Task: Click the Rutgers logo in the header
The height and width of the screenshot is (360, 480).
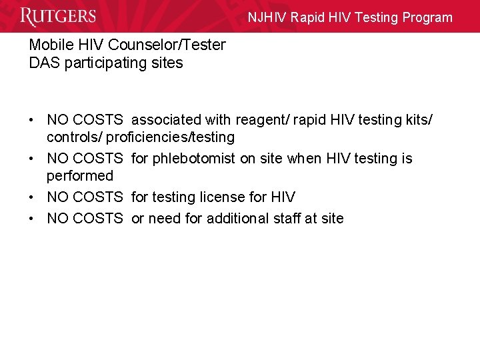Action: [58, 17]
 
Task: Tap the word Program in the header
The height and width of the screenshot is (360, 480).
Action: [427, 18]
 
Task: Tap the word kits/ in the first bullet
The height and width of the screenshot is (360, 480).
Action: [417, 120]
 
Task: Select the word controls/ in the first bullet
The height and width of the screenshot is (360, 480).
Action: [74, 137]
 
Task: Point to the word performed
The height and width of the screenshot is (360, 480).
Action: [80, 176]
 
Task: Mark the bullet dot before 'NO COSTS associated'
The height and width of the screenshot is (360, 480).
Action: [32, 120]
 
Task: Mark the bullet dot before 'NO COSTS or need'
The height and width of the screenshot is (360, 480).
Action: [32, 218]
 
